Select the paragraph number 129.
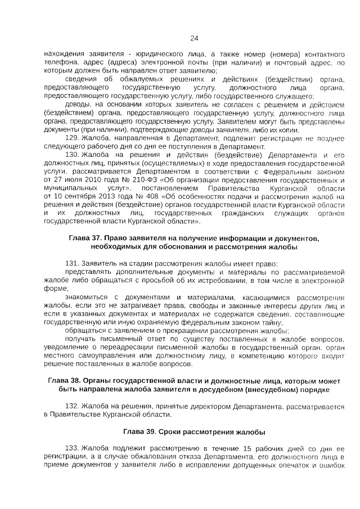click(x=73, y=138)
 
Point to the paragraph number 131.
click(x=73, y=263)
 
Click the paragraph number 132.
click(x=73, y=406)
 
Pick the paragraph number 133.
click(x=73, y=448)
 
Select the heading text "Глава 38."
click(x=65, y=381)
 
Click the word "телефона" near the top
click(x=60, y=62)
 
